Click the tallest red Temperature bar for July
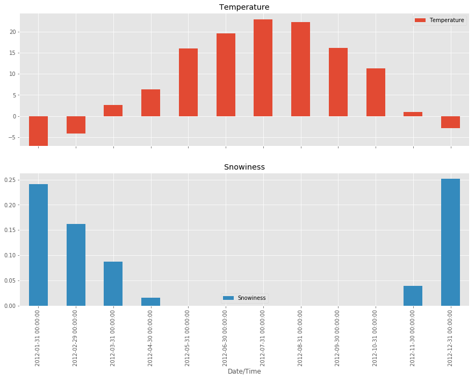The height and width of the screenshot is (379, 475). coord(263,68)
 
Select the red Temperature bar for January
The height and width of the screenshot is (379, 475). coord(38,131)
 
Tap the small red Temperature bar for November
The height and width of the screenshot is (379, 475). coord(413,114)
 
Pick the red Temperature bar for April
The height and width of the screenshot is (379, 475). coord(150,103)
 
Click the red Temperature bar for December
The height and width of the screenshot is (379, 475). coord(450,122)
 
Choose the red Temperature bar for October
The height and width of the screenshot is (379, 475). coord(376,92)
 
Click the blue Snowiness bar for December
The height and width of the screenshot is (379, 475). coord(450,242)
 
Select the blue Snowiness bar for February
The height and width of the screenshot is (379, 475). coord(76,265)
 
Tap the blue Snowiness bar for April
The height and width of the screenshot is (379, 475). coord(150,301)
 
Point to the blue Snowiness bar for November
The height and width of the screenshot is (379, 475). coord(413,296)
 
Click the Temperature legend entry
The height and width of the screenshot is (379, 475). coord(440,20)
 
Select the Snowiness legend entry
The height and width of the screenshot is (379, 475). coord(244,298)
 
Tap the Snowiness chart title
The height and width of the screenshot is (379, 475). coord(244,167)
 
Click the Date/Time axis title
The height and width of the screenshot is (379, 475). coord(244,371)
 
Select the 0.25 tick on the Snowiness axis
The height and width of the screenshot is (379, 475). coord(11,180)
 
